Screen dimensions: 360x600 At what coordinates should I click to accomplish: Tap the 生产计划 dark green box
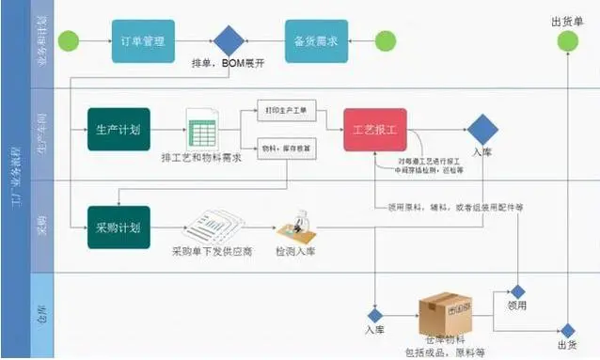(118, 129)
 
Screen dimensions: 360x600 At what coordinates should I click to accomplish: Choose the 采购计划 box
(118, 227)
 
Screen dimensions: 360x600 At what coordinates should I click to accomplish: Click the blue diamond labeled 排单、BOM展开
(229, 41)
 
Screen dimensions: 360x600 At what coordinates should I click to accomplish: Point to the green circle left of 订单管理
(68, 41)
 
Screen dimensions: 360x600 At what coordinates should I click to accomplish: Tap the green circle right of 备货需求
(386, 41)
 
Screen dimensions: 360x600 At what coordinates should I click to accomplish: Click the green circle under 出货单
(566, 41)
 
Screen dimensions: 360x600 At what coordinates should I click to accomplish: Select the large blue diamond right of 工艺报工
(482, 129)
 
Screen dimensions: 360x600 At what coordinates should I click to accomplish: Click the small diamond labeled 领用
(517, 292)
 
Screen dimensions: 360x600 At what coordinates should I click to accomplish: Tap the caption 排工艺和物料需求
(200, 158)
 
